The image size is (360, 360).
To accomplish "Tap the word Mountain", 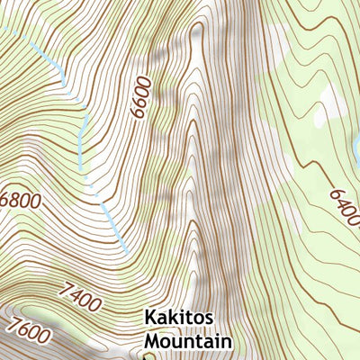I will point(188,341).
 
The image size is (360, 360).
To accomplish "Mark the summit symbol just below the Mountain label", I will point(147,355).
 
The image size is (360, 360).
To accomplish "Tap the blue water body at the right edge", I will point(356,144).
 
